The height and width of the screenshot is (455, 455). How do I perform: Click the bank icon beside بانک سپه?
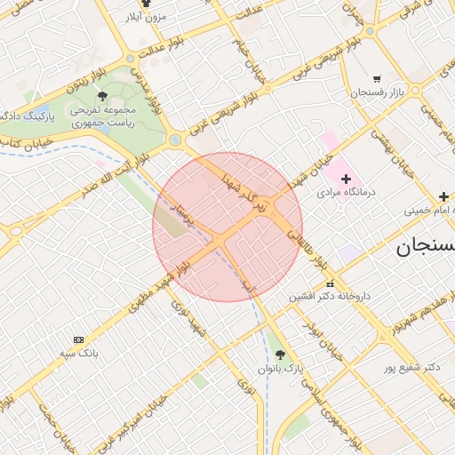pyautogui.click(x=78, y=340)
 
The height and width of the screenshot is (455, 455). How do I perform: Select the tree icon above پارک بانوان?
pyautogui.click(x=281, y=355)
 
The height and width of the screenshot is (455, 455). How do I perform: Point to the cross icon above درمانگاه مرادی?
pyautogui.click(x=347, y=180)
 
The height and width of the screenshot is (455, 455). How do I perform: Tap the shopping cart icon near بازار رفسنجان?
pyautogui.click(x=377, y=78)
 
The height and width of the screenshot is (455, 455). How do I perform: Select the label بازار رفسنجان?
pyautogui.click(x=378, y=92)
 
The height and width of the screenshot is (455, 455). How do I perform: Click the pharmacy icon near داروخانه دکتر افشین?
pyautogui.click(x=330, y=283)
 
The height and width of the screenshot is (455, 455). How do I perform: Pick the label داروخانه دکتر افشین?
pyautogui.click(x=324, y=296)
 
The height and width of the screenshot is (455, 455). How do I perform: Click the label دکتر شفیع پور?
pyautogui.click(x=412, y=366)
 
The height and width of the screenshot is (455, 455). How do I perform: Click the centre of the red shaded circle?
pyautogui.click(x=227, y=227)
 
